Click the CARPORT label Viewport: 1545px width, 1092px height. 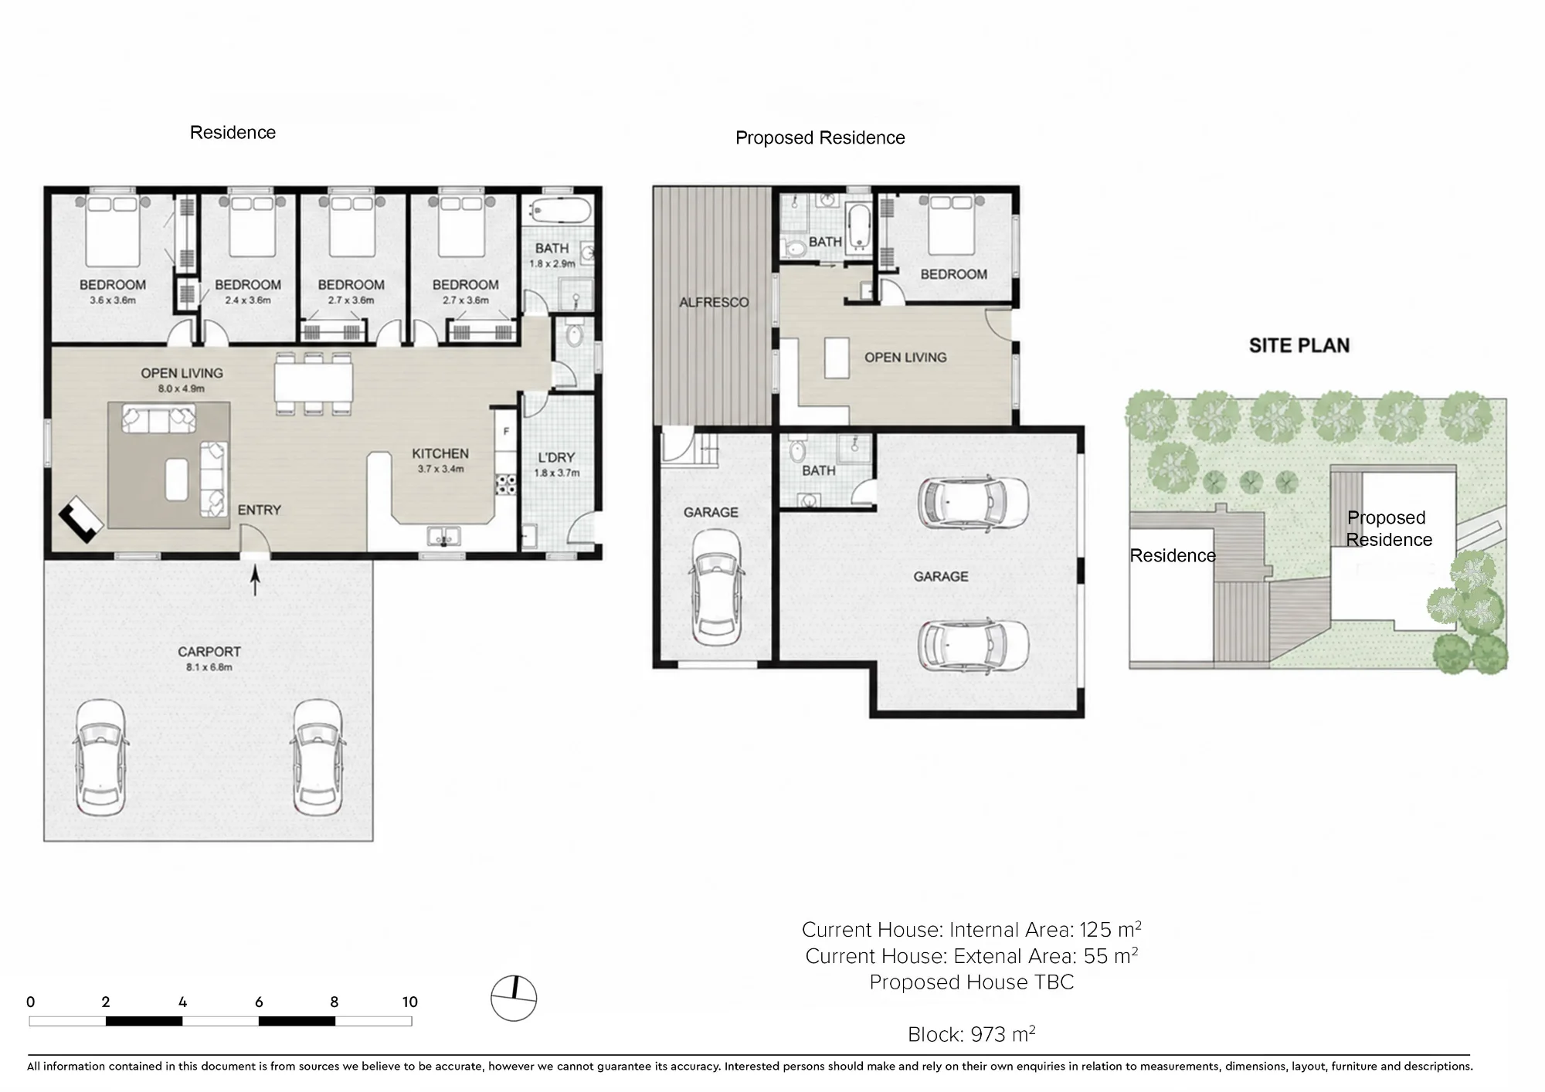click(209, 652)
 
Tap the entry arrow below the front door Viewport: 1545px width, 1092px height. click(256, 580)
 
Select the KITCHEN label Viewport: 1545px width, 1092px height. click(440, 454)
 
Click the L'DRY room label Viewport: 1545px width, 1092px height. click(556, 457)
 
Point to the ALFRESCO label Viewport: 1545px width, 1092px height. click(714, 303)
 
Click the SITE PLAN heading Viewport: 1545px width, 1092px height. click(1299, 345)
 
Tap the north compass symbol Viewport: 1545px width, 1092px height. click(514, 998)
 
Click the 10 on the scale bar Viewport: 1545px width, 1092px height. click(410, 1002)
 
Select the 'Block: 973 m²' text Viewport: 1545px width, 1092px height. click(971, 1034)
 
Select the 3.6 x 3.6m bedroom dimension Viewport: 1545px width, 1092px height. click(113, 300)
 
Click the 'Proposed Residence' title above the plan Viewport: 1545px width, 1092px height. click(820, 137)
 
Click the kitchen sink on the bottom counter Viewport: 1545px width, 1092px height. click(444, 535)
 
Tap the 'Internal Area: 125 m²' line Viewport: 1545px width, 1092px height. click(1045, 929)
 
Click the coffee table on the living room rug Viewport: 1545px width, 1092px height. click(177, 479)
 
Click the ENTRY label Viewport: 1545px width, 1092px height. click(260, 510)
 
